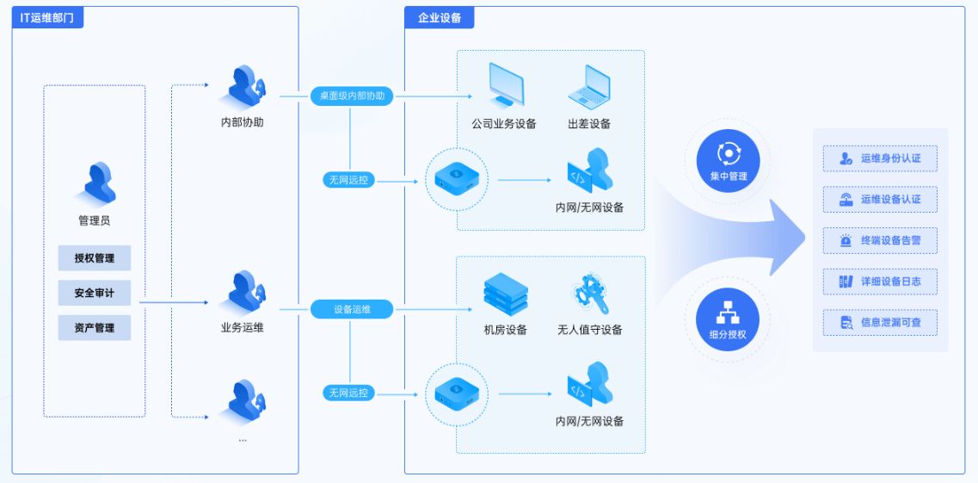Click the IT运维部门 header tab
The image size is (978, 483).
click(x=47, y=17)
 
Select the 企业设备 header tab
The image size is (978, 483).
click(x=439, y=17)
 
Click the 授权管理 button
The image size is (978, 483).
click(x=94, y=257)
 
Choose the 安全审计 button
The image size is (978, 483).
click(x=94, y=293)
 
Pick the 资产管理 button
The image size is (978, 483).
click(x=94, y=328)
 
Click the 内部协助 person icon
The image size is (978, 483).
click(x=243, y=87)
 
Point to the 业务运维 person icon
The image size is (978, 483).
click(x=243, y=292)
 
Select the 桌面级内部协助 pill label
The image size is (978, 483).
click(x=352, y=96)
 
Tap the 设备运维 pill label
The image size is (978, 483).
click(x=352, y=309)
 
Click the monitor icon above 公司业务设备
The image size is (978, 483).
click(x=505, y=85)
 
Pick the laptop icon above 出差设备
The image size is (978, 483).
click(x=589, y=86)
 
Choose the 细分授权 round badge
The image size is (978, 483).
click(x=727, y=319)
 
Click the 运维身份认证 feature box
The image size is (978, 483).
click(x=880, y=158)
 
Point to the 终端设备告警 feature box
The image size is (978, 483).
click(x=880, y=240)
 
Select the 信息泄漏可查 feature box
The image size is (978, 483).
click(x=880, y=323)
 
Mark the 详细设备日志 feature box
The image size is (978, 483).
click(x=880, y=282)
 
